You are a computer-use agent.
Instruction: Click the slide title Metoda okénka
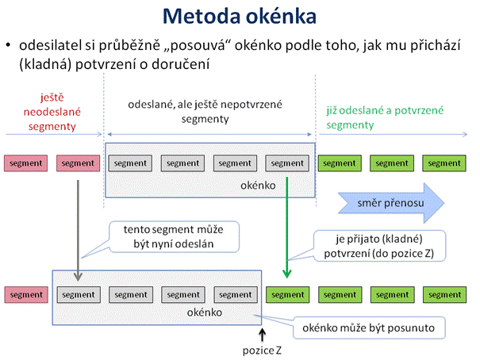pyautogui.click(x=240, y=16)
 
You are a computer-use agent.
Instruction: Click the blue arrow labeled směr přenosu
pyautogui.click(x=391, y=203)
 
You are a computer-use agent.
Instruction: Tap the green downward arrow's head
pyautogui.click(x=287, y=274)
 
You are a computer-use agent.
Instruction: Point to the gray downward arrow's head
pyautogui.click(x=78, y=276)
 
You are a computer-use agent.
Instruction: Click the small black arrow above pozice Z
pyautogui.click(x=262, y=335)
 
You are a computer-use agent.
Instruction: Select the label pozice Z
pyautogui.click(x=262, y=350)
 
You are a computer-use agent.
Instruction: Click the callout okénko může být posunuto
pyautogui.click(x=369, y=327)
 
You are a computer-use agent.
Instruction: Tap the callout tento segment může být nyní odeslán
pyautogui.click(x=174, y=237)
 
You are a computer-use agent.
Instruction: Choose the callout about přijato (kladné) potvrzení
pyautogui.click(x=379, y=246)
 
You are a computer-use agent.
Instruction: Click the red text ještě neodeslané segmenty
pyautogui.click(x=52, y=112)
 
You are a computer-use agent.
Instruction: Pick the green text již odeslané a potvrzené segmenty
pyautogui.click(x=385, y=117)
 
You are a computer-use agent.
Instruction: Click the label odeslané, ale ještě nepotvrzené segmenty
pyautogui.click(x=205, y=111)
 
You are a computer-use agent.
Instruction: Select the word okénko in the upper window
pyautogui.click(x=258, y=186)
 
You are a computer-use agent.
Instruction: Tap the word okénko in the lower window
pyautogui.click(x=205, y=312)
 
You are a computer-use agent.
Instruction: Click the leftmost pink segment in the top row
pyautogui.click(x=25, y=163)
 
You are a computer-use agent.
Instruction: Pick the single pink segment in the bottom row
pyautogui.click(x=26, y=295)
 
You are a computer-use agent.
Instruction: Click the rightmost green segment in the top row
pyautogui.click(x=444, y=163)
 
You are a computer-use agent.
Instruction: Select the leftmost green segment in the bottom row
pyautogui.click(x=288, y=295)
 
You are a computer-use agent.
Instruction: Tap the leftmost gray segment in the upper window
pyautogui.click(x=130, y=163)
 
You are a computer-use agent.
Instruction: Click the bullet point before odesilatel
pyautogui.click(x=8, y=45)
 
